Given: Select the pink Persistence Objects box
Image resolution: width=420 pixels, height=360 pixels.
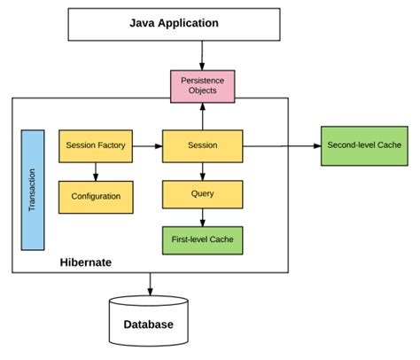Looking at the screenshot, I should (x=203, y=85).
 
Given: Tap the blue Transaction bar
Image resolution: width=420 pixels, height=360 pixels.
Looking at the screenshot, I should (x=33, y=189).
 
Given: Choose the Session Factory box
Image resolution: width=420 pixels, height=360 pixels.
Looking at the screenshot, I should (x=96, y=145).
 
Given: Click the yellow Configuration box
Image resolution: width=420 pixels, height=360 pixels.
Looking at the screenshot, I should (x=96, y=196).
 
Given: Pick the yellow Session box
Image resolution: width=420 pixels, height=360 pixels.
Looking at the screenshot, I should (x=203, y=145).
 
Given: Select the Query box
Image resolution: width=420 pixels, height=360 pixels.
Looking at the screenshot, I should (x=203, y=192).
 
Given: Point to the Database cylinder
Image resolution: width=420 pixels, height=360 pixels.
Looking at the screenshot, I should (x=148, y=323).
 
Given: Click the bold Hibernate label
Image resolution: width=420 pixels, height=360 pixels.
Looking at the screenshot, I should (x=86, y=262).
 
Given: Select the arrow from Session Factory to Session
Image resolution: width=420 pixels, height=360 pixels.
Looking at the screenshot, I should (x=147, y=145).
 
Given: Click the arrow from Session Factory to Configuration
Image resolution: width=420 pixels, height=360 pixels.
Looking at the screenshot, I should (x=96, y=171).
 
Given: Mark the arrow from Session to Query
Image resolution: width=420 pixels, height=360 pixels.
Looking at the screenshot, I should (x=203, y=170).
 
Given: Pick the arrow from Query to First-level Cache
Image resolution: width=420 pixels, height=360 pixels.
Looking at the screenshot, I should (x=203, y=215).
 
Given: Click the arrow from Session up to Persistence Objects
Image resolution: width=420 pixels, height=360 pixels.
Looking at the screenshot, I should (x=203, y=114).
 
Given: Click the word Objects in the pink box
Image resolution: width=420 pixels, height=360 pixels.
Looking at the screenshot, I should (x=203, y=91).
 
